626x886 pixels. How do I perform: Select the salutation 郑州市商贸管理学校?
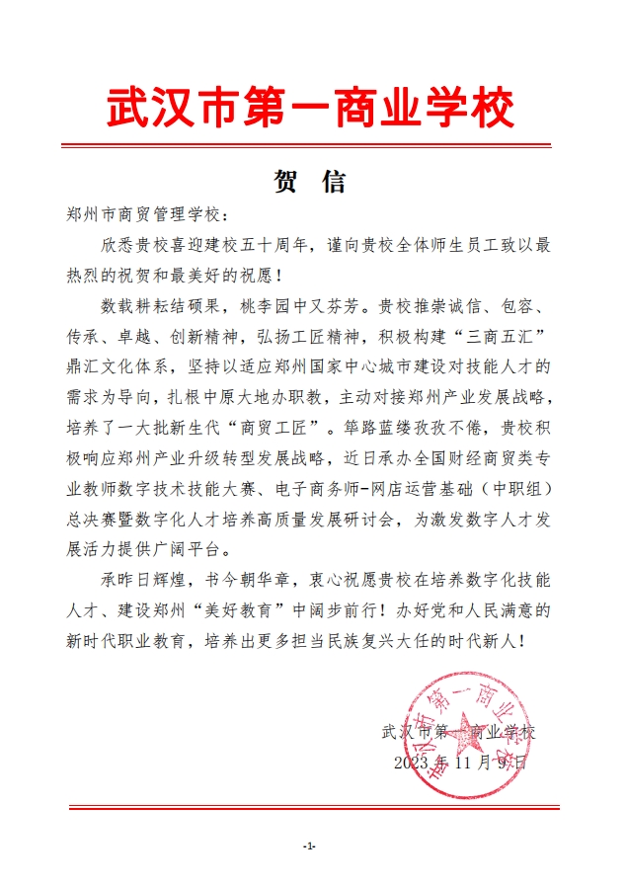(x=147, y=214)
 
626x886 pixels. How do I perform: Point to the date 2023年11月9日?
(x=460, y=764)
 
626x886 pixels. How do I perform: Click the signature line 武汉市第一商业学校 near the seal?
(x=457, y=734)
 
